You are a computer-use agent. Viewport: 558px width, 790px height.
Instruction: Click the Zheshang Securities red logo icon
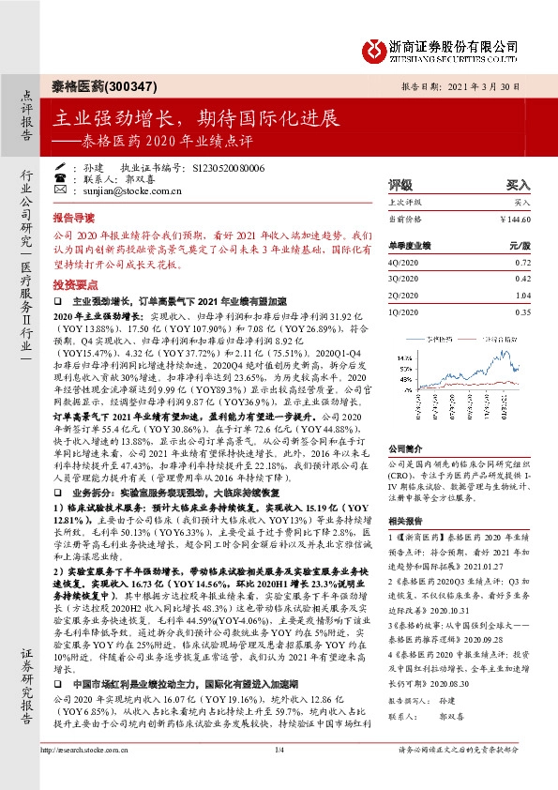coord(371,48)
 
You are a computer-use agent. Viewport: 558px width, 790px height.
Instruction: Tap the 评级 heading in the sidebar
coord(400,185)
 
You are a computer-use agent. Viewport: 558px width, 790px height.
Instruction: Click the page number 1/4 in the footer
coord(279,775)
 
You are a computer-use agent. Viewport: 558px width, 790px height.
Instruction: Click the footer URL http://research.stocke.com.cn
coord(87,775)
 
